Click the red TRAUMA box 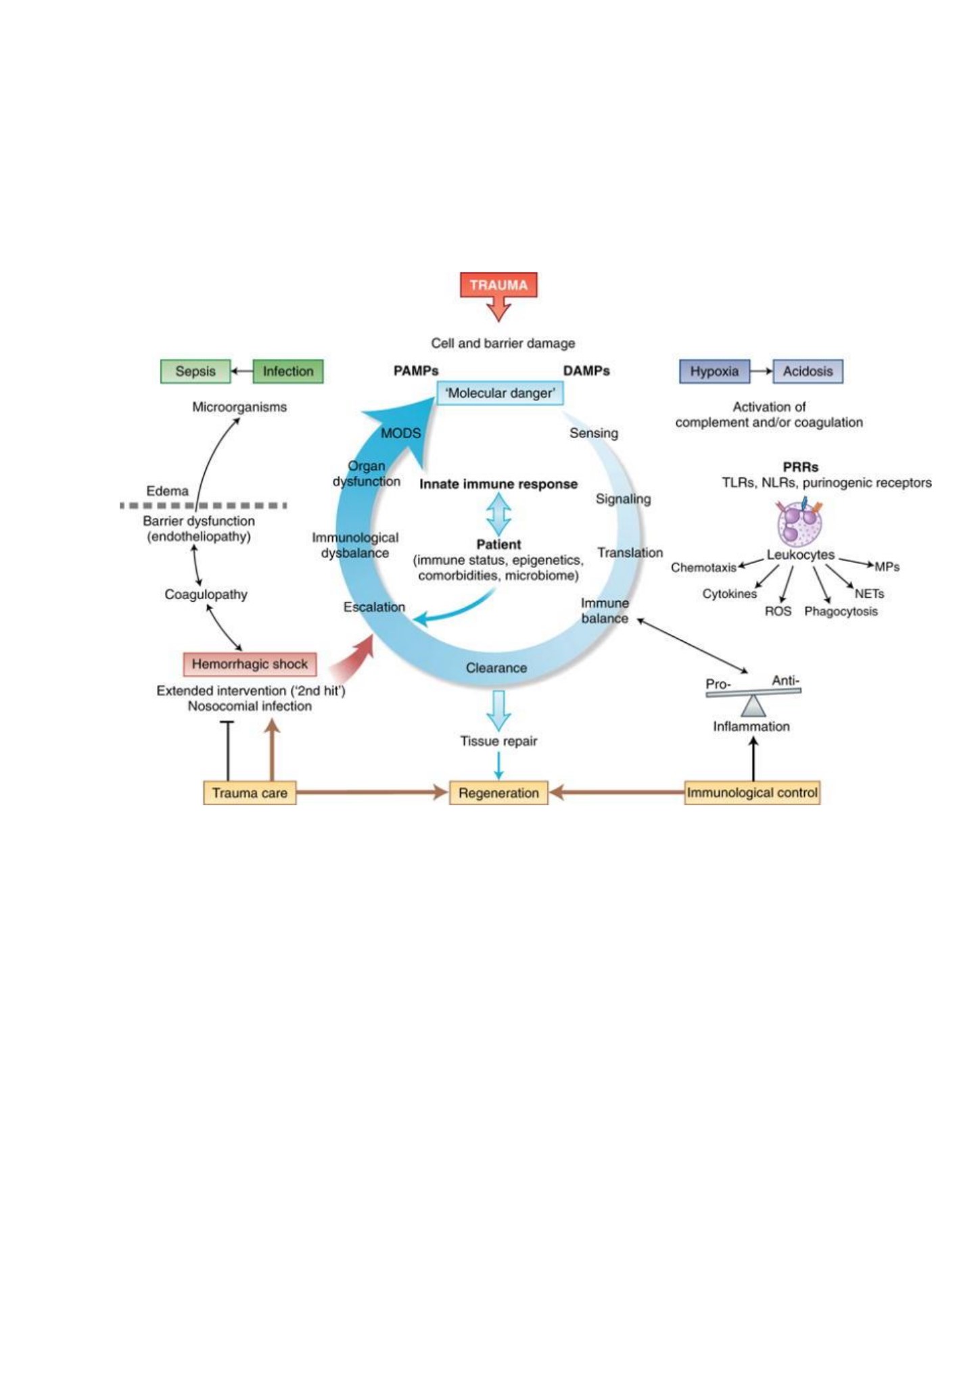(498, 285)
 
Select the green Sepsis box (195, 371)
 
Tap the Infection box (288, 371)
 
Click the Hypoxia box (714, 371)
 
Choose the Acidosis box (808, 371)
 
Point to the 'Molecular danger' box (500, 393)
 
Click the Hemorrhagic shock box (250, 664)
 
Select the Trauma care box (250, 792)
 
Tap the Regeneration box (498, 792)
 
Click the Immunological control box (752, 792)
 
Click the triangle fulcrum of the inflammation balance (753, 706)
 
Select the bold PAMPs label (416, 371)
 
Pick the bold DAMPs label (586, 371)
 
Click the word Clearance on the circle (496, 668)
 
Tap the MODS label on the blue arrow (400, 433)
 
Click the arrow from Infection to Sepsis (242, 371)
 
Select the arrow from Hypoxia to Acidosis (762, 371)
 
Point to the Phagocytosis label (841, 611)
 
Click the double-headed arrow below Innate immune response (498, 515)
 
